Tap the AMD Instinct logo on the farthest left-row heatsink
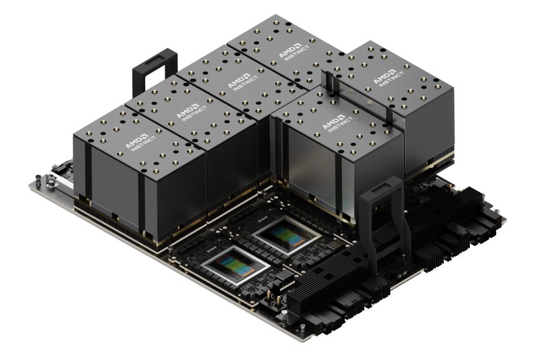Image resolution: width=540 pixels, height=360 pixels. click(x=281, y=51)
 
